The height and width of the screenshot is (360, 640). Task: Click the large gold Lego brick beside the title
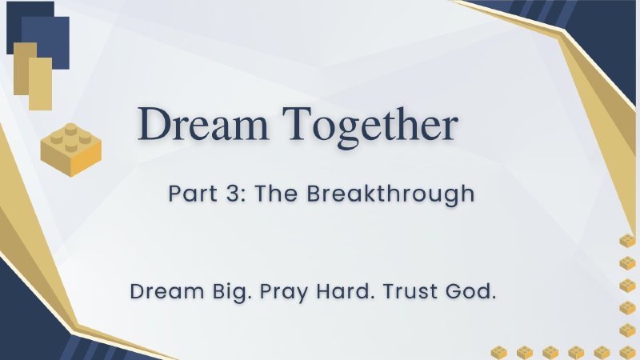pyautogui.click(x=71, y=148)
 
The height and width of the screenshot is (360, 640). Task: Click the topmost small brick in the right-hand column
pyautogui.click(x=627, y=241)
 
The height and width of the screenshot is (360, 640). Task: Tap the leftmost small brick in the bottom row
pyautogui.click(x=498, y=351)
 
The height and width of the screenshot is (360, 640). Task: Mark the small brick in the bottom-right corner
pyautogui.click(x=627, y=351)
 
